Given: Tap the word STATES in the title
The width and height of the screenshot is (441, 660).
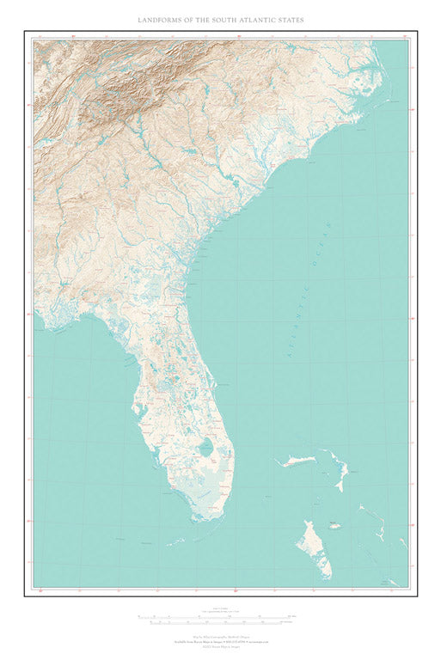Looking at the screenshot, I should coord(288,19).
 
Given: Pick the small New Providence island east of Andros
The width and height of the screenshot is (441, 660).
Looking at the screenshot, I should coord(334,525).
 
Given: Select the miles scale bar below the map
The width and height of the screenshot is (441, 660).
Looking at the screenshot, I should coord(220,617).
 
